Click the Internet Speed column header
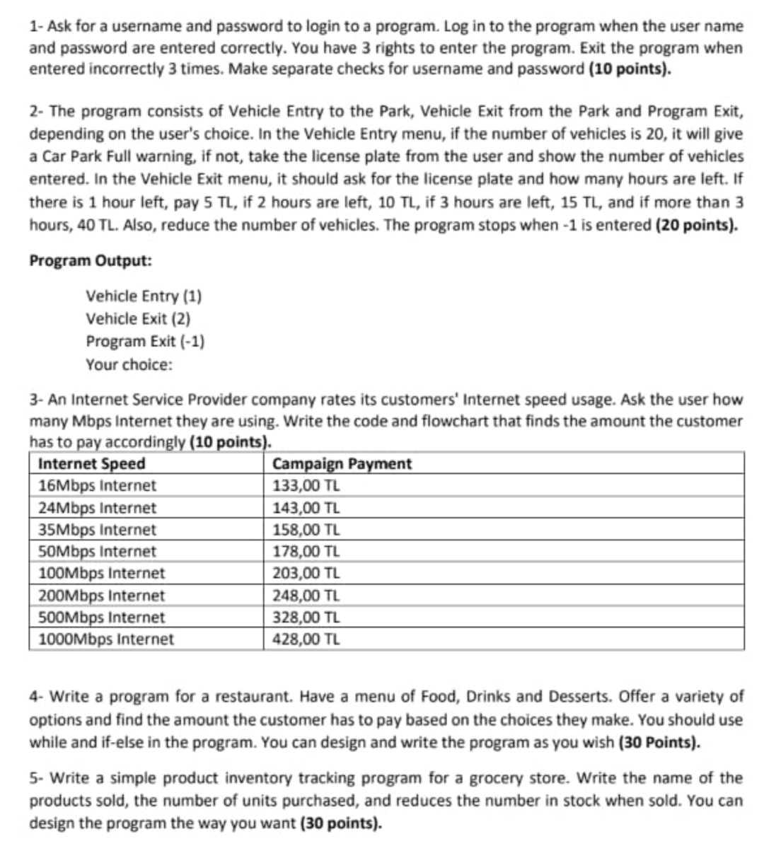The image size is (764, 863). [x=91, y=464]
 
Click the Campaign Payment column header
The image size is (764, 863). [x=342, y=464]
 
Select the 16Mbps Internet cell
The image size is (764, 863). [x=97, y=486]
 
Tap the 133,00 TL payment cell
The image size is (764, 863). [x=306, y=486]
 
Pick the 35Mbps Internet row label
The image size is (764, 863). [x=97, y=530]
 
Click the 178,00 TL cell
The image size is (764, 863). [x=306, y=551]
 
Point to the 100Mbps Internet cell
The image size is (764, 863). [x=101, y=573]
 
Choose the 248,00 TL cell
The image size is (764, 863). [x=306, y=596]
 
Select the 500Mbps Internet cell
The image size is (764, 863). [x=101, y=618]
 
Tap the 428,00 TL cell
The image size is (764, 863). [x=306, y=639]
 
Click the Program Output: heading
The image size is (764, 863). [x=91, y=260]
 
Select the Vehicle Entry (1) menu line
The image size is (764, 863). [x=144, y=296]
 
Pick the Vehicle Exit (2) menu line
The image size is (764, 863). [x=138, y=318]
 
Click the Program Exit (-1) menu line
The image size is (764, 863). [x=145, y=341]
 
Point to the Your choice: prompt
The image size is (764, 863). [x=129, y=364]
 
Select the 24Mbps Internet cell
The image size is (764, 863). [x=97, y=508]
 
